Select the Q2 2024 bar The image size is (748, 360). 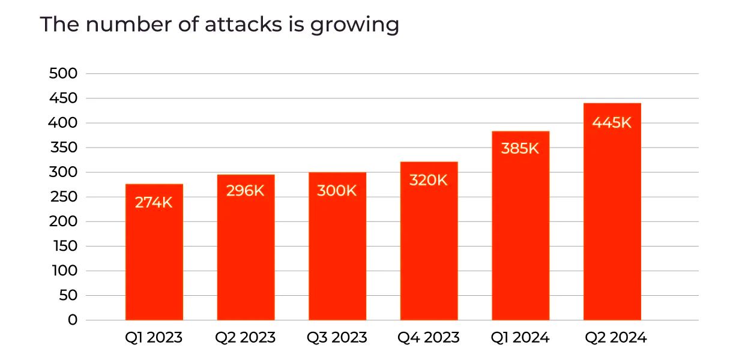coord(612,228)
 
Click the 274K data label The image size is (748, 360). coord(154,203)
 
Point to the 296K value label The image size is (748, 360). coord(246,191)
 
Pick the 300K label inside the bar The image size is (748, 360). coord(337,191)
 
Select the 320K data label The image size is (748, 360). coord(429,180)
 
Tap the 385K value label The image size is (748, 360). coord(520,148)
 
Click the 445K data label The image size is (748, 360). coord(612,122)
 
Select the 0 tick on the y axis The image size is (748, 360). coord(73,320)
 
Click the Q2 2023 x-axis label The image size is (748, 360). coord(246,338)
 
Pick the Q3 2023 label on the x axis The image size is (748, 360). coord(337,338)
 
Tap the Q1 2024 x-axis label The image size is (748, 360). coord(520,338)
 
